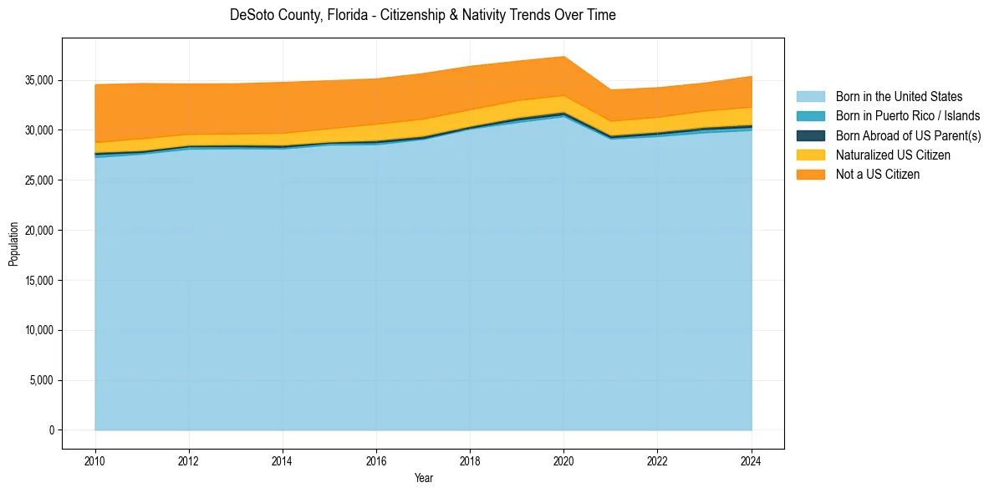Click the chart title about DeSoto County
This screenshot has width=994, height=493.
pyautogui.click(x=422, y=15)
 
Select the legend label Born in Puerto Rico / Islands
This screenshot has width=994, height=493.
pyautogui.click(x=908, y=116)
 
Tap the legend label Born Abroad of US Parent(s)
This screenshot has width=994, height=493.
pyautogui.click(x=908, y=135)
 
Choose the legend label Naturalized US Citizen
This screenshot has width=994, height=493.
pyautogui.click(x=893, y=155)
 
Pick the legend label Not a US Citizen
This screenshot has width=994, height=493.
pyautogui.click(x=878, y=174)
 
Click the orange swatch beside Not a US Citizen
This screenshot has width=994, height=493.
pyautogui.click(x=810, y=174)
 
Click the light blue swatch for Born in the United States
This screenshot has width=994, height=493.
pyautogui.click(x=810, y=97)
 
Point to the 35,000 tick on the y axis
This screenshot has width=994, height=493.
pyautogui.click(x=39, y=80)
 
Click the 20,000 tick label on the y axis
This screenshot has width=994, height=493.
pyautogui.click(x=39, y=231)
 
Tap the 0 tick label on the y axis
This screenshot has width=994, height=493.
pyautogui.click(x=51, y=430)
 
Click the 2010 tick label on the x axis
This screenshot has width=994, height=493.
pyautogui.click(x=95, y=460)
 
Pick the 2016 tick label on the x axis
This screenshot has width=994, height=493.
pyautogui.click(x=376, y=460)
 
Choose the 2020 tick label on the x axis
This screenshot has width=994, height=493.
pyautogui.click(x=564, y=460)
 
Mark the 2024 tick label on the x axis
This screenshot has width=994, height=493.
pyautogui.click(x=752, y=460)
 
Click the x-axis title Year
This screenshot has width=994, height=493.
pyautogui.click(x=423, y=478)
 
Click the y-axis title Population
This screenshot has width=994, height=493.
pyautogui.click(x=13, y=244)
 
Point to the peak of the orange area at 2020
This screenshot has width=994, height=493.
pyautogui.click(x=564, y=57)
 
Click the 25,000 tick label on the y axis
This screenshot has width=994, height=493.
pyautogui.click(x=39, y=180)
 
